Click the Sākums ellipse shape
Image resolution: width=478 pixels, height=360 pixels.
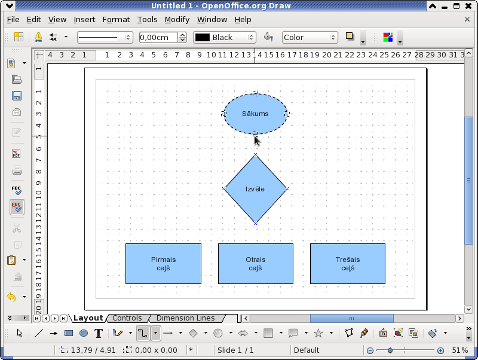point(256,114)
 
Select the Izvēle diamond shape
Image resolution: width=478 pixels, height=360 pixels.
point(256,189)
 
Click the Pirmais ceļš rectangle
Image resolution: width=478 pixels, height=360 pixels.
point(163,264)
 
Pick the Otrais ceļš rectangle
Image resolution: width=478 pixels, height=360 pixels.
point(256,264)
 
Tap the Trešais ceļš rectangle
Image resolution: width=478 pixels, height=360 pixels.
point(348,264)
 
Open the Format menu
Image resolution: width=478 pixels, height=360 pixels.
point(116,20)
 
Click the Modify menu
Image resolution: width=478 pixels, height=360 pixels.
point(177,20)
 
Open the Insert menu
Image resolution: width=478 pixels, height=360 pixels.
point(84,20)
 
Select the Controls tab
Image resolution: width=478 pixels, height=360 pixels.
point(127,318)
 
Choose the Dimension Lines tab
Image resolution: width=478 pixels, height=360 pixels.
point(185,318)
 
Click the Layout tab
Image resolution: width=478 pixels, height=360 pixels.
point(88,318)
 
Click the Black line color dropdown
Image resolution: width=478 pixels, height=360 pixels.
point(225,38)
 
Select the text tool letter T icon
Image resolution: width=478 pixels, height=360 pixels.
point(99,334)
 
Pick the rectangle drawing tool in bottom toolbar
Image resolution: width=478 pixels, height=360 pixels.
point(69,333)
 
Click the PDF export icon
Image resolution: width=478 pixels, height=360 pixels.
point(17,153)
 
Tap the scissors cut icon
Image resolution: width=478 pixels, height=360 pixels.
point(17,228)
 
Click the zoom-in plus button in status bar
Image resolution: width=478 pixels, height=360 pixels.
point(440,351)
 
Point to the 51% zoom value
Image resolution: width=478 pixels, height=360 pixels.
point(460,350)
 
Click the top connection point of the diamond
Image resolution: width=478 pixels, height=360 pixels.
point(256,155)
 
